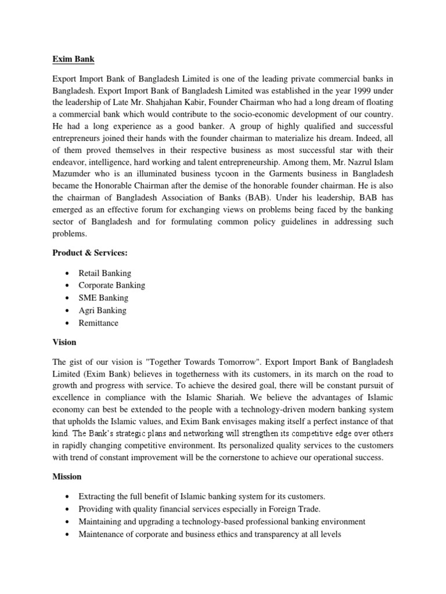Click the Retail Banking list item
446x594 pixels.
(x=105, y=273)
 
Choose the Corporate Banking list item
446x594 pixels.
(x=112, y=285)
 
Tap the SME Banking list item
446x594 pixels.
(x=103, y=298)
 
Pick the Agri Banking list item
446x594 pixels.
(x=103, y=310)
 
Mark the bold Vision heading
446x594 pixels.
(x=64, y=342)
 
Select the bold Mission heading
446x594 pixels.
(x=67, y=477)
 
